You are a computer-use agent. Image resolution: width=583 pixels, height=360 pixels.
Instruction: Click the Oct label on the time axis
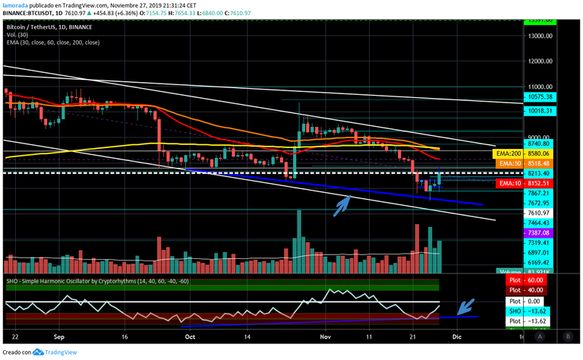pos(191,335)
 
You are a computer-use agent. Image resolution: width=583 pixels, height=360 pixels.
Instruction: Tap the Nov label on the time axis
pos(326,335)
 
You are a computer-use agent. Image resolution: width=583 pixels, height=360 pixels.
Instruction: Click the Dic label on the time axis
pos(458,335)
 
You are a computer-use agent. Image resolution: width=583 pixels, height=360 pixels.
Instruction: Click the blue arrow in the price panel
pos(343,204)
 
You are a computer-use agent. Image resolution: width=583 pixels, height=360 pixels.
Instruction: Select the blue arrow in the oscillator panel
pos(467,306)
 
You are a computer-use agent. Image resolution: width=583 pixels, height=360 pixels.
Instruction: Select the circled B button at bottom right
pos(567,335)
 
